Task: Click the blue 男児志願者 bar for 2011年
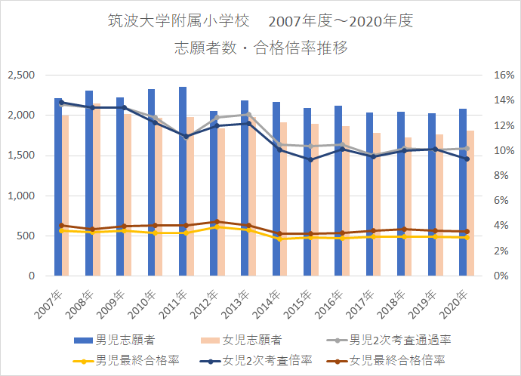point(183,189)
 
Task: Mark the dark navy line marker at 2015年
point(309,159)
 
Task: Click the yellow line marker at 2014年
point(278,239)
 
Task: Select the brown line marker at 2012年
point(214,222)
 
